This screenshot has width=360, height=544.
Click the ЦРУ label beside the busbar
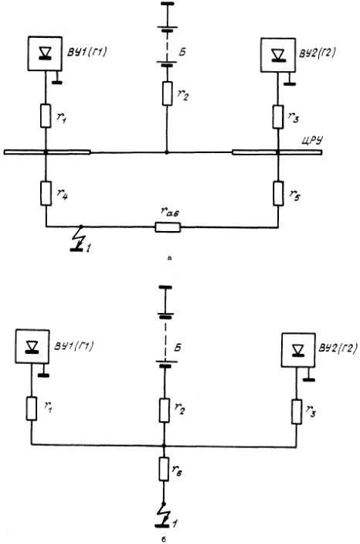(x=312, y=141)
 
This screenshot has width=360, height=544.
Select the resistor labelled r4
(x=46, y=193)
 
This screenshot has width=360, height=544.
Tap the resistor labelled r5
(x=278, y=193)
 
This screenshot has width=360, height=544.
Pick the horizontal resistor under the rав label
(x=168, y=227)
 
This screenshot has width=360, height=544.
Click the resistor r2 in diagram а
(x=167, y=93)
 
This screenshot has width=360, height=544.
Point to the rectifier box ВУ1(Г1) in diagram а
(x=45, y=54)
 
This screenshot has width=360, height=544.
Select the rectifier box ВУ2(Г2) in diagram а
(x=278, y=55)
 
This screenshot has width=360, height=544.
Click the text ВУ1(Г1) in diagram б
(x=74, y=346)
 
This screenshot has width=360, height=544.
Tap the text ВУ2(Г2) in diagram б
(x=337, y=348)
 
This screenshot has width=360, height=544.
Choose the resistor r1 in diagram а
(x=46, y=116)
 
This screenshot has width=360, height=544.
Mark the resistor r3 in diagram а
(x=278, y=117)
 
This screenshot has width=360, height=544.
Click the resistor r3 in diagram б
(x=297, y=412)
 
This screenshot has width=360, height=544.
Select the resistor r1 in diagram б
(x=32, y=409)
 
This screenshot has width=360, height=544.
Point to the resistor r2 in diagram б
(x=165, y=410)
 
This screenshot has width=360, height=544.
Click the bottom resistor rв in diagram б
(x=164, y=469)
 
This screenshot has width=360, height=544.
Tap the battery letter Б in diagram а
(x=182, y=52)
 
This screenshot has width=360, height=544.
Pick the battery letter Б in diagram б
(x=178, y=348)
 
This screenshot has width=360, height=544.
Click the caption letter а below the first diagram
(x=169, y=258)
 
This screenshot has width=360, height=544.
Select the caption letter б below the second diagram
(x=164, y=539)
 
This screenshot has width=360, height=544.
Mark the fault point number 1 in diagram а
(x=88, y=248)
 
